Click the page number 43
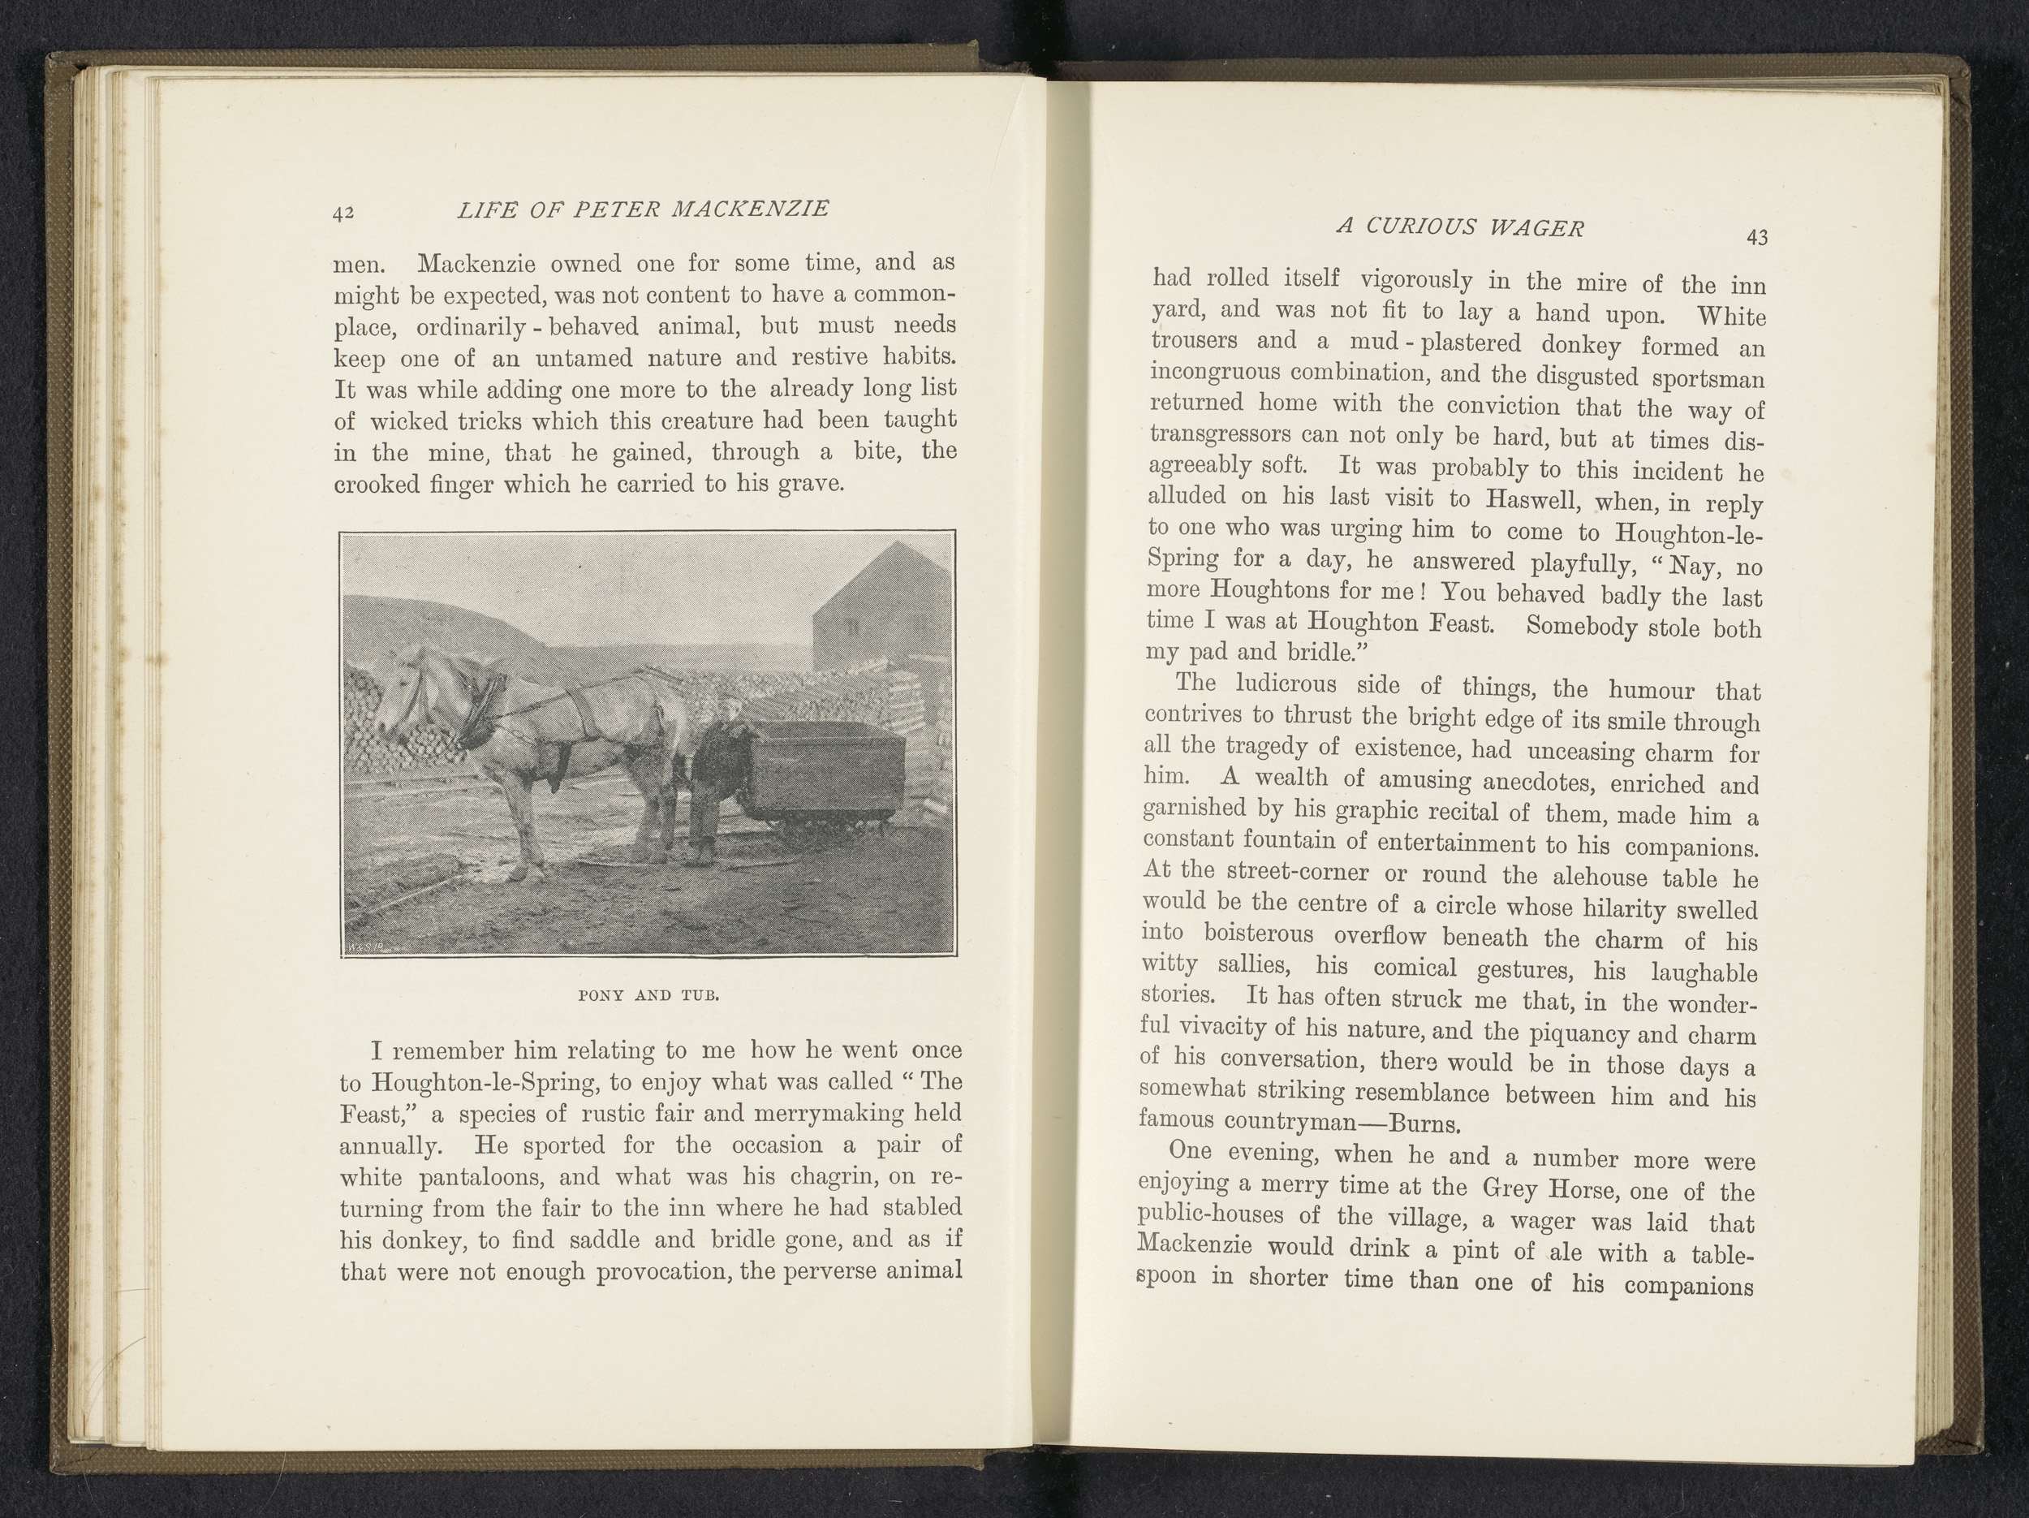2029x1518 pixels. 1756,238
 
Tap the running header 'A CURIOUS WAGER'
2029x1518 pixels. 1459,226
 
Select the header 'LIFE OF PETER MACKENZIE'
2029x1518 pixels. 643,209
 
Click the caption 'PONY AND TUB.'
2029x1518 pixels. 648,995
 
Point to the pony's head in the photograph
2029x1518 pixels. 403,697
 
